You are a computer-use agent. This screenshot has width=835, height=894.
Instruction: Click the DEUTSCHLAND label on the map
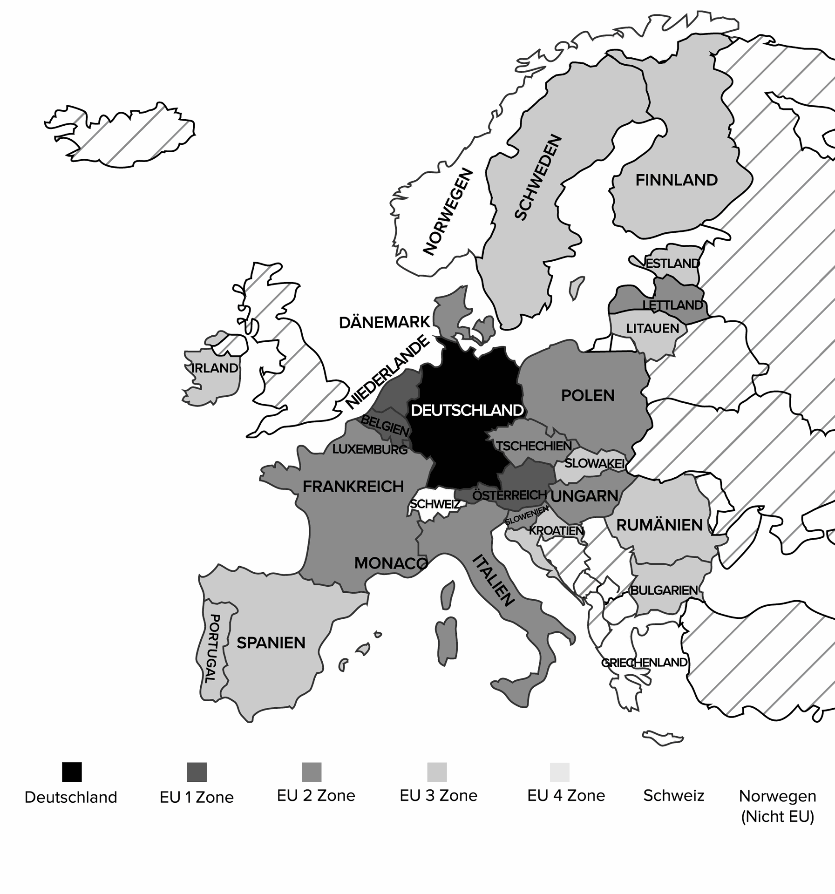point(467,410)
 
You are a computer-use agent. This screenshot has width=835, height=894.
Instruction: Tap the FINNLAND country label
point(676,180)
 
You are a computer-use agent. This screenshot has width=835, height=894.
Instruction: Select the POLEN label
point(588,395)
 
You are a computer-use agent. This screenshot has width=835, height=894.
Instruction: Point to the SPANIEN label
point(271,643)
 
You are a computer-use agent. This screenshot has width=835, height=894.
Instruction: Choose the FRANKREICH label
point(353,487)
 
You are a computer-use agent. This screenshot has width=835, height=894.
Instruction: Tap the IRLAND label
point(215,368)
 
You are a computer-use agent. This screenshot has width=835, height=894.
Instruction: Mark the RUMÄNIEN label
point(659,525)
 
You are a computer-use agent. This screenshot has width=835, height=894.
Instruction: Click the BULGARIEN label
point(664,590)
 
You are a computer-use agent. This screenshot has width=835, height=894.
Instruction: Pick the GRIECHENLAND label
point(644,662)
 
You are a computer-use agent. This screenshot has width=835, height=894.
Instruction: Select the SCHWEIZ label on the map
point(434,504)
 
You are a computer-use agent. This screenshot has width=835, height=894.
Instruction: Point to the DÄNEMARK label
point(384,322)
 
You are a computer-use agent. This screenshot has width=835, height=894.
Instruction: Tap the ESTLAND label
point(672,263)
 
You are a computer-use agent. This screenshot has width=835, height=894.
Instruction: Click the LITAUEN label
point(652,328)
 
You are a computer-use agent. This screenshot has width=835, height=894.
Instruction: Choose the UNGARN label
point(584,496)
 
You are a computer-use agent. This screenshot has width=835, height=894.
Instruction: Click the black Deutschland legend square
point(72,772)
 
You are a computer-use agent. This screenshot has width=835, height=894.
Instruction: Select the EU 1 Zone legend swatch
point(197,772)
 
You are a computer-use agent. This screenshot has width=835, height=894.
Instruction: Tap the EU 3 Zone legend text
point(438,795)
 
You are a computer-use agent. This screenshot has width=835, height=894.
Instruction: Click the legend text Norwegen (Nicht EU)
point(777,806)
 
